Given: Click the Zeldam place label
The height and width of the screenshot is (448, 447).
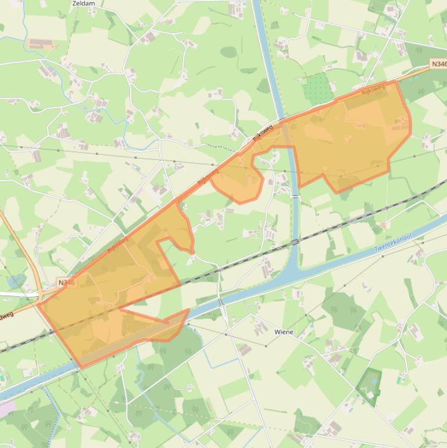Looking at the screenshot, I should pos(83,3).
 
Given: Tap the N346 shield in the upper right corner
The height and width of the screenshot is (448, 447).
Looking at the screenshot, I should pos(438,63).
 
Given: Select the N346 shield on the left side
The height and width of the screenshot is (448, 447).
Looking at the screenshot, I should pos(67,283).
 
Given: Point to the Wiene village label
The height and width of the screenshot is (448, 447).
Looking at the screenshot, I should pos(284,332).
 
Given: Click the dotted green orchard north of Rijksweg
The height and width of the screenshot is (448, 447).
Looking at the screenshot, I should pos(317,89).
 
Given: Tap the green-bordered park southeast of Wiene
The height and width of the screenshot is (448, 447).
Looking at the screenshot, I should pos(369,386).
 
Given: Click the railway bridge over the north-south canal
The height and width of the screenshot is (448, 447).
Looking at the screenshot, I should pos(295,241).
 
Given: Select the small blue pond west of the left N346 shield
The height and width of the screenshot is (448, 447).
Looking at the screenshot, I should pos(16,280).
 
